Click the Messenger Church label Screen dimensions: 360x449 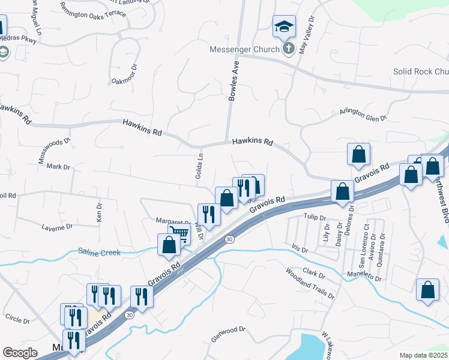[x=244, y=49]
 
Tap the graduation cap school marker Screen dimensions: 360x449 [x=284, y=26]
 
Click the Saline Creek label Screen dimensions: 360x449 [x=100, y=253]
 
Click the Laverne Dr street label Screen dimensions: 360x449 [x=57, y=227]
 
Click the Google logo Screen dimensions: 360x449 [x=20, y=353]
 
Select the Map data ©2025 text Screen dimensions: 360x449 [x=423, y=355]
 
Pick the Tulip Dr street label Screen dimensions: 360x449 [x=314, y=218]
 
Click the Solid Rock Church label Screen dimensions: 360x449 [x=421, y=71]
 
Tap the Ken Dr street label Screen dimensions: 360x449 [x=100, y=209]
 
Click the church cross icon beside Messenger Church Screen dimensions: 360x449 [x=288, y=49]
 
